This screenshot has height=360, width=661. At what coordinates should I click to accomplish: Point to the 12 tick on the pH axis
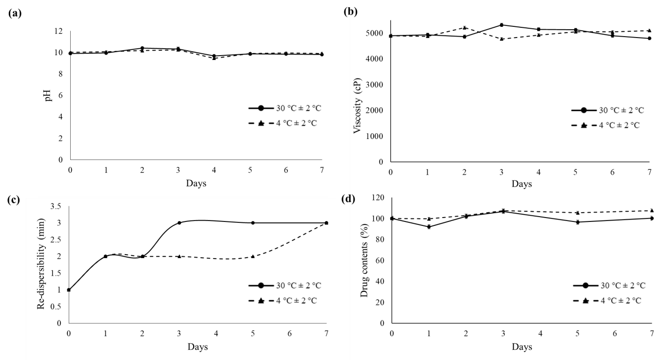point(59,31)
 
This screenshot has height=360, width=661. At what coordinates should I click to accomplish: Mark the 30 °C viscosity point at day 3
point(501,25)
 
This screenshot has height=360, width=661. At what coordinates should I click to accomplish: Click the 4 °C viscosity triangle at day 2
point(465,27)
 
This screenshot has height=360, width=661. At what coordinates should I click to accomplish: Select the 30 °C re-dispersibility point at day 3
point(179,223)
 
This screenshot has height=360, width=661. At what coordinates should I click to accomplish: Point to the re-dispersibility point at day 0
point(69,290)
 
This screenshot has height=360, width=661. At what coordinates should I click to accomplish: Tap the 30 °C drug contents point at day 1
point(429,227)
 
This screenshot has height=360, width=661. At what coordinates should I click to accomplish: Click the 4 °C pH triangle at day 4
point(214,58)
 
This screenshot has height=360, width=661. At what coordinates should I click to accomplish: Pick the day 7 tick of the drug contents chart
point(652,333)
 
